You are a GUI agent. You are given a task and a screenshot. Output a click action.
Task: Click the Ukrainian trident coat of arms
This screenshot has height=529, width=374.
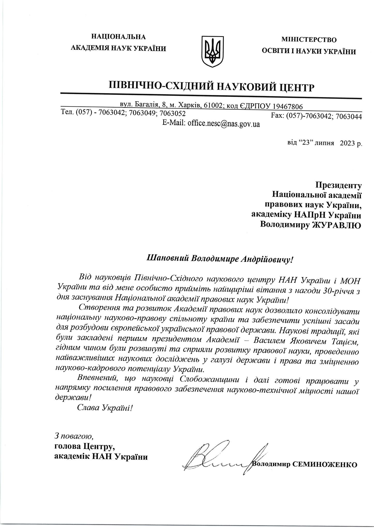click(x=212, y=51)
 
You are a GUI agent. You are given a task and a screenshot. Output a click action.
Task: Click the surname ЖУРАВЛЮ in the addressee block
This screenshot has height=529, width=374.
click(x=337, y=225)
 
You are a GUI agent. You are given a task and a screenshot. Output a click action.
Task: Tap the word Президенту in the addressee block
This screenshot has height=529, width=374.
click(x=339, y=185)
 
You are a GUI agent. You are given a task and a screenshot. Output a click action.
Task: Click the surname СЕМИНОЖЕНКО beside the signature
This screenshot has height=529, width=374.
click(x=324, y=464)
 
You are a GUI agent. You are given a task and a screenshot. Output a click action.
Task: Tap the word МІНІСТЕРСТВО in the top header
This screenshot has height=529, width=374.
click(x=309, y=40)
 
